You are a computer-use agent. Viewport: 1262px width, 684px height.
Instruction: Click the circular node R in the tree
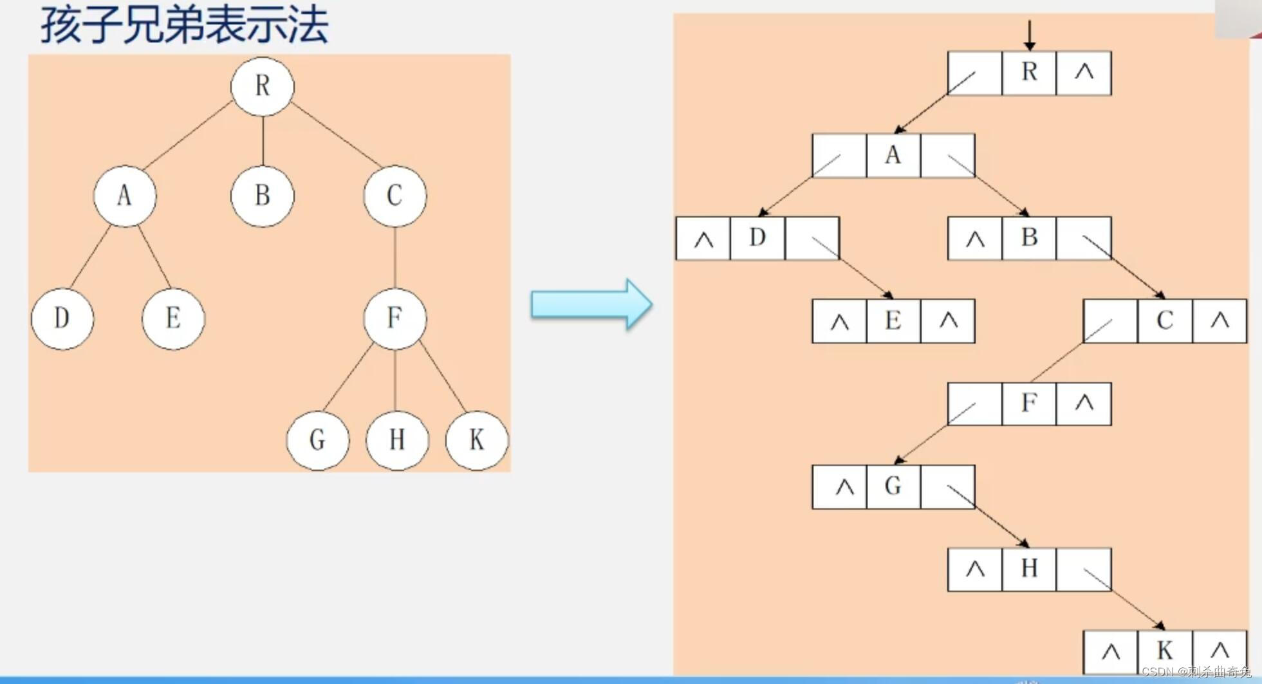(x=263, y=86)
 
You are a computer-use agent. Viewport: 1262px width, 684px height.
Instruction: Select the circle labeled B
(x=263, y=196)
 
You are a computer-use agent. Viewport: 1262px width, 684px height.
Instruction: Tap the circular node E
(x=173, y=319)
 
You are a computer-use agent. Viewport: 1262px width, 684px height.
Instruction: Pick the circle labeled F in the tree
(x=394, y=319)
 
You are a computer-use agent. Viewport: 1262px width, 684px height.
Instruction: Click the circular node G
(x=317, y=440)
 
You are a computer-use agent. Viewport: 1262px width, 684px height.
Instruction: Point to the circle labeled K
(x=476, y=440)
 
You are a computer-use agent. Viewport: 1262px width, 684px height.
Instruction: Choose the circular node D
(x=62, y=319)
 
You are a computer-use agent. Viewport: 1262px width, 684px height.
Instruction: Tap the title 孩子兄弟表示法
(x=185, y=26)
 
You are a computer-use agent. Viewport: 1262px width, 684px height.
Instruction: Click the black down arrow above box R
(x=1029, y=35)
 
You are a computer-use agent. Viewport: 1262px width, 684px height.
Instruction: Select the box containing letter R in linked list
(x=1029, y=73)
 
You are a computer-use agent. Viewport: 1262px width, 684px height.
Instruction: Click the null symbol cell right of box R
(x=1084, y=73)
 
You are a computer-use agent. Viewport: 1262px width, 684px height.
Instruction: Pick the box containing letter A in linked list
(x=893, y=156)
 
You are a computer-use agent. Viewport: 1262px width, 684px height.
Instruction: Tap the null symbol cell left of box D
(x=703, y=239)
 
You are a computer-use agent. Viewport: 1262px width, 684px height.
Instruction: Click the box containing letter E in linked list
(x=893, y=321)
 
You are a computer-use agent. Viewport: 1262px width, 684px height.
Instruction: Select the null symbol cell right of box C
(x=1220, y=321)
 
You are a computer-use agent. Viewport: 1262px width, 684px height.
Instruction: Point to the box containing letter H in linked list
(x=1029, y=569)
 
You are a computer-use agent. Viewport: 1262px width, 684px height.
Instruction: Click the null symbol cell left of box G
(x=839, y=487)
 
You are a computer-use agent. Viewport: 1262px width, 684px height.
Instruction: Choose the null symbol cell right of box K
(x=1220, y=651)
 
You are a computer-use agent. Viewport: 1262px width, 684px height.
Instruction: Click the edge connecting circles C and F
(x=394, y=257)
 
